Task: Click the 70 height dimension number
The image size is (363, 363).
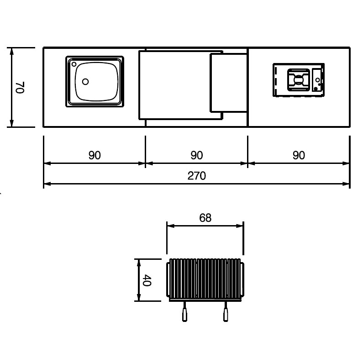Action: click(x=20, y=88)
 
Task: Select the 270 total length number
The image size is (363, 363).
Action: click(x=196, y=176)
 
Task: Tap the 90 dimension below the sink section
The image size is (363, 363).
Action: click(x=95, y=155)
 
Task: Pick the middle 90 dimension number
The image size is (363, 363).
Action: click(x=197, y=155)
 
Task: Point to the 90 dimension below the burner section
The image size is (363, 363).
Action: click(x=299, y=155)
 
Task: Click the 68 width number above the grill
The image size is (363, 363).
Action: click(x=205, y=218)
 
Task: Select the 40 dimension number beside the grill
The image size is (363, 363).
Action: click(x=147, y=280)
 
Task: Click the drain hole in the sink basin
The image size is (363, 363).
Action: click(x=85, y=81)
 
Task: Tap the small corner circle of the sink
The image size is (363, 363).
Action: click(x=74, y=64)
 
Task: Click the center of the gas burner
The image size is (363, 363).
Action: click(x=299, y=80)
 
